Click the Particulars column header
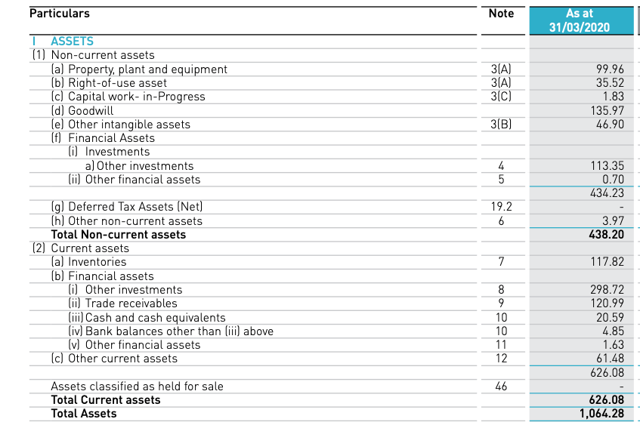pos(59,14)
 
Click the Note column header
pos(501,14)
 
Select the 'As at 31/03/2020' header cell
pos(580,20)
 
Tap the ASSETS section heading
pos(72,42)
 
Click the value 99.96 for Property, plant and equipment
pos(611,69)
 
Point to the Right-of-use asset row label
pos(117,83)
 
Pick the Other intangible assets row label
pos(128,125)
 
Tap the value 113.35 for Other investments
pos(607,166)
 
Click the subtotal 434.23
pos(607,193)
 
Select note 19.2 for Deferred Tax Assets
pos(502,207)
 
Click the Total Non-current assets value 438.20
pos(606,235)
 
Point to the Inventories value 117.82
pos(607,262)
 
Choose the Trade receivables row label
pos(131,303)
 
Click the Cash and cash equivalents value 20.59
pos(610,318)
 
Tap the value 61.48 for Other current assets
pos(610,359)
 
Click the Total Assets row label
pos(83,414)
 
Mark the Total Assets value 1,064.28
pos(602,414)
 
